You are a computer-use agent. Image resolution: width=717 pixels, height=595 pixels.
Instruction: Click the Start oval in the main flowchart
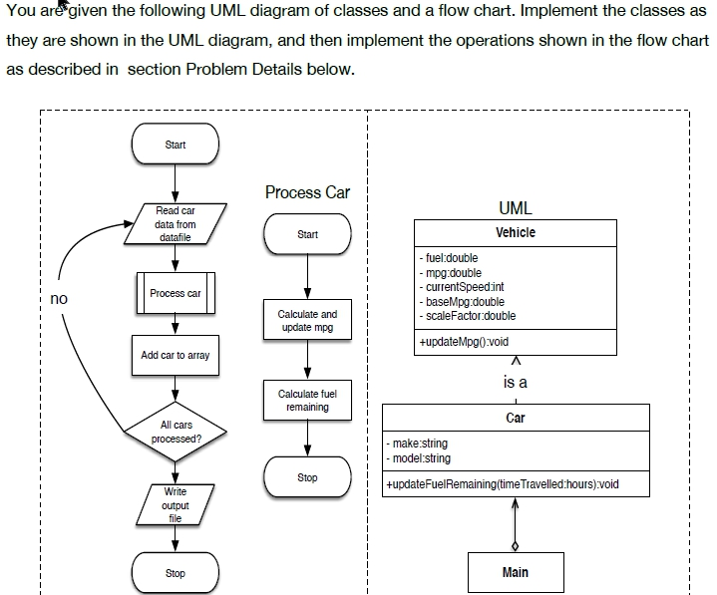pyautogui.click(x=176, y=146)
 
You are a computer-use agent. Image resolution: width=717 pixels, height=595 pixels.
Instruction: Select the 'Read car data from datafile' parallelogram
pyautogui.click(x=176, y=225)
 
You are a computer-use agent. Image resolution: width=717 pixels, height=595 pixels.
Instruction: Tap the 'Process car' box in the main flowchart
pyautogui.click(x=176, y=293)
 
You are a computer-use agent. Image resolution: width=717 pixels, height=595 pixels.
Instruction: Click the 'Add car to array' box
pyautogui.click(x=176, y=355)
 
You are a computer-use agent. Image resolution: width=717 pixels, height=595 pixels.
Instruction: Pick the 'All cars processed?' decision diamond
pyautogui.click(x=176, y=432)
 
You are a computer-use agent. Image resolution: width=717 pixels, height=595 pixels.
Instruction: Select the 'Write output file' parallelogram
pyautogui.click(x=176, y=505)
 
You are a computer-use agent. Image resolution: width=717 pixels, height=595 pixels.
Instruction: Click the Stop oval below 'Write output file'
pyautogui.click(x=176, y=573)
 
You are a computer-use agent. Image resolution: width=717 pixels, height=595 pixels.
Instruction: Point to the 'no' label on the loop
pyautogui.click(x=59, y=298)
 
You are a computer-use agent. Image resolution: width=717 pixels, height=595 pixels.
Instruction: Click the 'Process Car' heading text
pyautogui.click(x=307, y=192)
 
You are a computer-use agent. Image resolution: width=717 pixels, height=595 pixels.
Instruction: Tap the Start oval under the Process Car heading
pyautogui.click(x=307, y=234)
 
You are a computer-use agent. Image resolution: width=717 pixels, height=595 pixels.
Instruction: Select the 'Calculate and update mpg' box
pyautogui.click(x=307, y=320)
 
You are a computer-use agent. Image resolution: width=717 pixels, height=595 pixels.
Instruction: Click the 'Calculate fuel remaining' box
pyautogui.click(x=307, y=400)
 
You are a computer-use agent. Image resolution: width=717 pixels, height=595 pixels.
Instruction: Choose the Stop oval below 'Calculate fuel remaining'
pyautogui.click(x=307, y=478)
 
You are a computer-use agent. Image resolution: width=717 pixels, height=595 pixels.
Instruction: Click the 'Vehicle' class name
pyautogui.click(x=515, y=232)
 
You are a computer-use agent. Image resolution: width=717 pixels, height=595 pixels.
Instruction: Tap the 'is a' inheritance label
pyautogui.click(x=515, y=382)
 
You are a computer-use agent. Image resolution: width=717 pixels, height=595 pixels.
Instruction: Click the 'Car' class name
pyautogui.click(x=515, y=418)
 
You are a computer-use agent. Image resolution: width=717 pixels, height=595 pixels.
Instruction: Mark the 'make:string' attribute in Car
pyautogui.click(x=420, y=444)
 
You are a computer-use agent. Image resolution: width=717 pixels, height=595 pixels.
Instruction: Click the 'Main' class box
pyautogui.click(x=515, y=572)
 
